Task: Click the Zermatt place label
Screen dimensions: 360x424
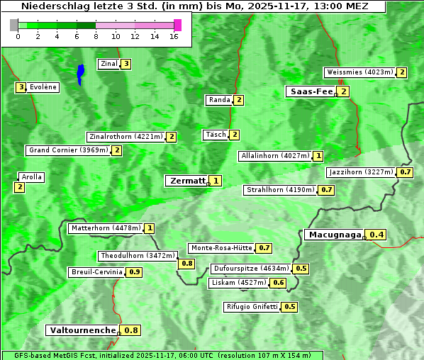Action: [x=186, y=181]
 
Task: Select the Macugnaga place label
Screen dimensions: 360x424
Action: [x=334, y=235]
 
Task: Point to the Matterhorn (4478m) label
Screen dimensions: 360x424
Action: [x=106, y=228]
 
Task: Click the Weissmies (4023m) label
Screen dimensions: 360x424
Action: [x=359, y=72]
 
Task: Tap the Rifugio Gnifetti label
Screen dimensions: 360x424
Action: [x=252, y=307]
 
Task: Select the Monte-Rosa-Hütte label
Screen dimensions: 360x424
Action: [x=221, y=248]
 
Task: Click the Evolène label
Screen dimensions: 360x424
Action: [x=43, y=87]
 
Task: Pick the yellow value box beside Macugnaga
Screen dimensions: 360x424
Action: [x=376, y=235]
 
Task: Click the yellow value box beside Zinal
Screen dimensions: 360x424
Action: [x=125, y=64]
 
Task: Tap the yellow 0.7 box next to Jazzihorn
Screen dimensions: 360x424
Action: [x=406, y=172]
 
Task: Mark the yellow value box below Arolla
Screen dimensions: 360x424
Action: [x=19, y=187]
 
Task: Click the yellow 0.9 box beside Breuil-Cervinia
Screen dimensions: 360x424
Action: [x=134, y=272]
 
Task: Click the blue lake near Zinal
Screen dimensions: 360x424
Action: [x=80, y=74]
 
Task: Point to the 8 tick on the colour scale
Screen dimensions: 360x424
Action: [x=95, y=35]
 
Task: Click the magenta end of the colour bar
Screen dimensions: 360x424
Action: [x=177, y=25]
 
